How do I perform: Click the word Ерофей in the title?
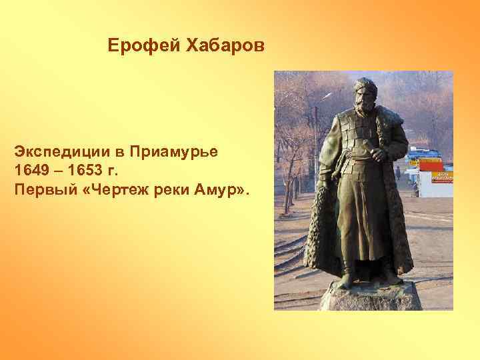pos(136,46)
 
